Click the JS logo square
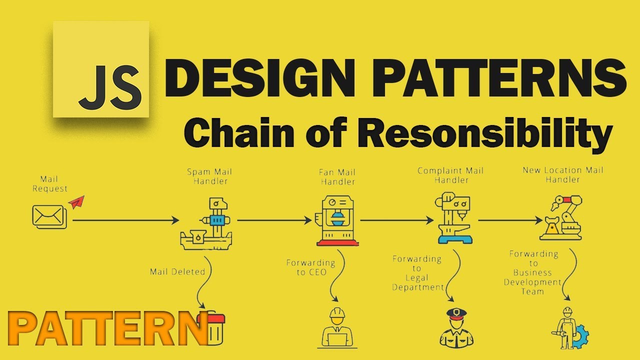pyautogui.click(x=101, y=69)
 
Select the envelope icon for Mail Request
pyautogui.click(x=49, y=216)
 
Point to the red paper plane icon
pyautogui.click(x=76, y=202)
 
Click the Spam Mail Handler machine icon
pyautogui.click(x=206, y=223)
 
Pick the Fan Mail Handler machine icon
pyautogui.click(x=337, y=221)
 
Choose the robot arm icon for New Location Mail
pyautogui.click(x=561, y=218)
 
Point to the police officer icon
pyautogui.click(x=455, y=327)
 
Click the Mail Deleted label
pyautogui.click(x=177, y=272)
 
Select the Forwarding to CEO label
pyautogui.click(x=310, y=267)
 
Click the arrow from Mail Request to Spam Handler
pyautogui.click(x=125, y=220)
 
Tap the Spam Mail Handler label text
pyautogui.click(x=209, y=176)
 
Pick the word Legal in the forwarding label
pyautogui.click(x=416, y=278)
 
